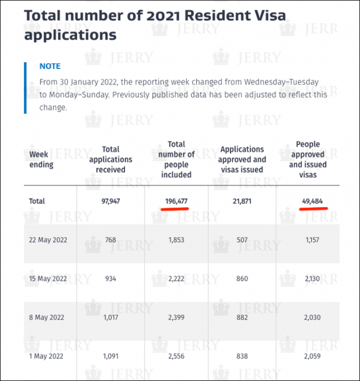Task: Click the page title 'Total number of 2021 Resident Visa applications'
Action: coord(154,25)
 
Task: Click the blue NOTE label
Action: coord(50,66)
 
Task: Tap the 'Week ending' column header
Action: coord(41,159)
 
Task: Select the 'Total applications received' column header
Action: coord(111,159)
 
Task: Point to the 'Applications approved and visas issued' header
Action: coord(242,159)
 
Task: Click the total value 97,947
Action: coord(111,201)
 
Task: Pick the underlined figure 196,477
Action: coord(176,201)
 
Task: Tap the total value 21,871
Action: coord(242,201)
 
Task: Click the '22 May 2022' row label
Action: coord(48,240)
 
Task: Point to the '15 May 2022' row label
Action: coord(48,279)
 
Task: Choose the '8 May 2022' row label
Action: coord(46,317)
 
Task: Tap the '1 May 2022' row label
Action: coord(46,356)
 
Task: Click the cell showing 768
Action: coord(111,240)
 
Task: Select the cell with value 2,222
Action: coord(176,279)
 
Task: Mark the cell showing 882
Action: coord(242,317)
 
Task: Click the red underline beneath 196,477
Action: coord(175,209)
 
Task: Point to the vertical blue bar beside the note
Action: coord(25,87)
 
